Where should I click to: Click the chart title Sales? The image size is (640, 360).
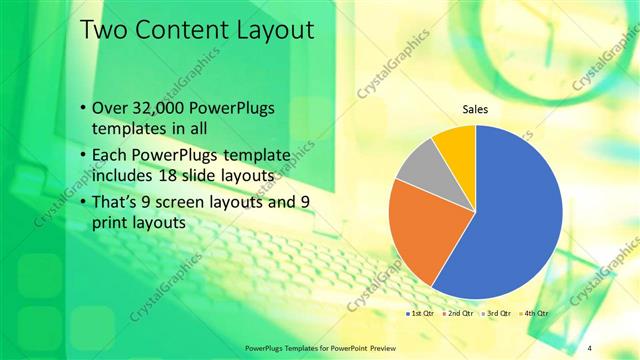point(475,109)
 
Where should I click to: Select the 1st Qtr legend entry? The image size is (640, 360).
point(420,314)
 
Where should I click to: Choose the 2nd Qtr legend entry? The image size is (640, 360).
point(459,314)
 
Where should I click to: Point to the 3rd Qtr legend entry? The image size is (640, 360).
point(498,314)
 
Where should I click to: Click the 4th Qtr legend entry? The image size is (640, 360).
point(535,314)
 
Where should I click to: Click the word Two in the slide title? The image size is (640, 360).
point(103,31)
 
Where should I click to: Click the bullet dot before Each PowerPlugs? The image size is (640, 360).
point(82,155)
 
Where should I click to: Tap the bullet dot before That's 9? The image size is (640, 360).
point(82,203)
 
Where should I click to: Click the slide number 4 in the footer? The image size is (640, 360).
point(589,346)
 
